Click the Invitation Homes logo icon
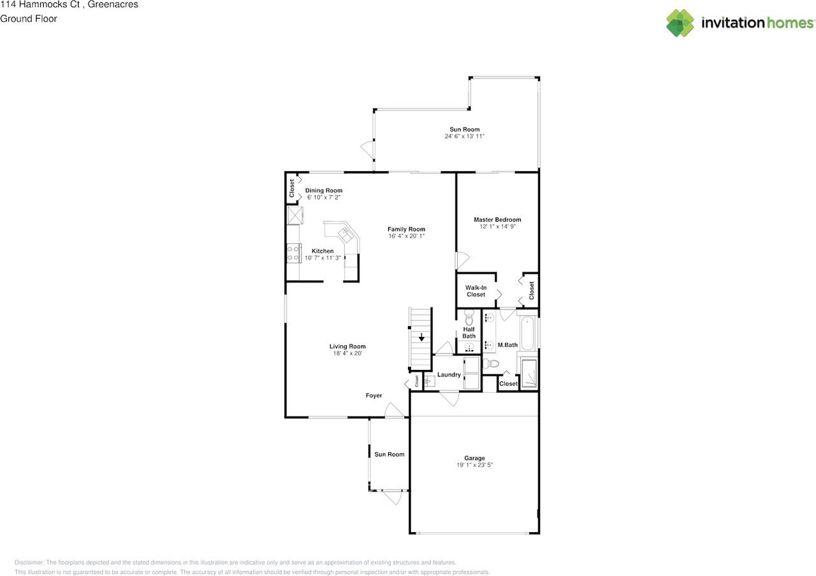(x=680, y=23)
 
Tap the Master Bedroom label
(x=497, y=219)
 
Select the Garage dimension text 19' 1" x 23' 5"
(x=474, y=465)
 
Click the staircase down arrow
(x=421, y=337)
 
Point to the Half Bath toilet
(x=470, y=317)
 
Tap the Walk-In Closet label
(x=476, y=291)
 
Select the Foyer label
(x=374, y=395)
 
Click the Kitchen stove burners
(x=293, y=253)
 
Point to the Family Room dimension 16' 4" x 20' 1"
(x=406, y=236)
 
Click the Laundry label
(x=449, y=374)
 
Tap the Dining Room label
(x=323, y=190)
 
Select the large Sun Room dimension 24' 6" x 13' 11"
(x=465, y=137)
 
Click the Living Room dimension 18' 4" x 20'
(x=347, y=353)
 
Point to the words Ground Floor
(x=29, y=18)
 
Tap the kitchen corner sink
(x=347, y=233)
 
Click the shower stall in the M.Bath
(x=529, y=374)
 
